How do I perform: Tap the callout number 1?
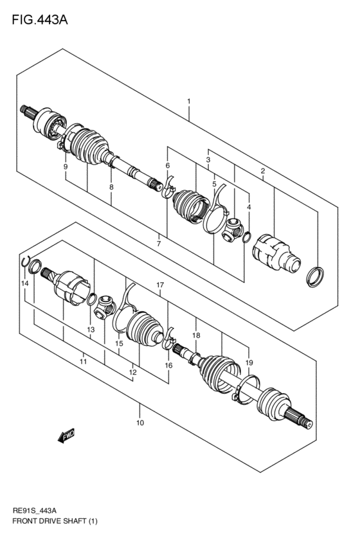[x=189, y=101]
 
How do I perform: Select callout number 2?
[x=263, y=171]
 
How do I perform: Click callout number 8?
[x=111, y=187]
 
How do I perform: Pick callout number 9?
[x=66, y=167]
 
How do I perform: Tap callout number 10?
[x=140, y=423]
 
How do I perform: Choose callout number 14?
[x=24, y=283]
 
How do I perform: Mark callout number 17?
[x=160, y=285]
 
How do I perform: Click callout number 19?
[x=249, y=363]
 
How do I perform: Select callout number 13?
[x=91, y=330]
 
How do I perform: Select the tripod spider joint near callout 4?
[x=233, y=229]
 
